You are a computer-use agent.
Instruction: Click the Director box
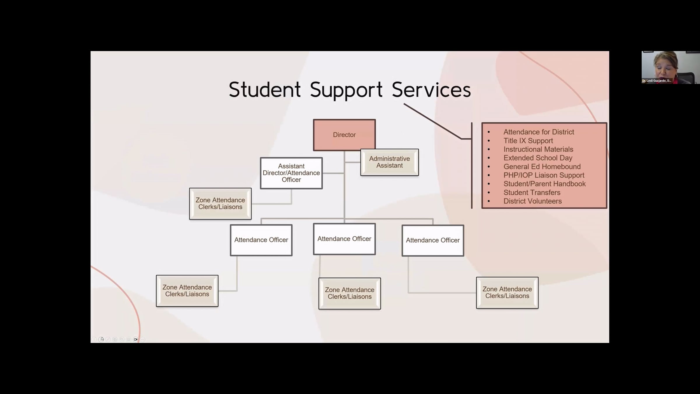(344, 135)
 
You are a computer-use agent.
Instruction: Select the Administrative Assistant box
(389, 162)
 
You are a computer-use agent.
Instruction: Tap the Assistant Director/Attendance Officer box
(291, 173)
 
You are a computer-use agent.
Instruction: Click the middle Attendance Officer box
(344, 239)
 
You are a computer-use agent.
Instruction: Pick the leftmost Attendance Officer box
(261, 240)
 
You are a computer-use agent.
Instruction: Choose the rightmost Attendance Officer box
(433, 240)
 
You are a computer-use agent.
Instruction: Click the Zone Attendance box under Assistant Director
(220, 204)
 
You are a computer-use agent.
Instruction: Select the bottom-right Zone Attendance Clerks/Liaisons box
(507, 293)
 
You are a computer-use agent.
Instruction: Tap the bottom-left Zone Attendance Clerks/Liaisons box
(187, 291)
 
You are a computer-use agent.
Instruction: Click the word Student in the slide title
(265, 90)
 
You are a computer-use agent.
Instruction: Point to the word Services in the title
(431, 90)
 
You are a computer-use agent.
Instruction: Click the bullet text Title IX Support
(528, 141)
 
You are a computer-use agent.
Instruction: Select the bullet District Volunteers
(532, 201)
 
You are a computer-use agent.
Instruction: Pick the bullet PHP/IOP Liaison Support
(544, 175)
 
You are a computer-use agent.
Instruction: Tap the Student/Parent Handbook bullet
(544, 184)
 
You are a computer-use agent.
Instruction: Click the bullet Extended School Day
(538, 158)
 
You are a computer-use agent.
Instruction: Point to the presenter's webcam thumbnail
(670, 67)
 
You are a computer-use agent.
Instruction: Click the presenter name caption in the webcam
(657, 81)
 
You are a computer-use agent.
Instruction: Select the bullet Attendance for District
(538, 132)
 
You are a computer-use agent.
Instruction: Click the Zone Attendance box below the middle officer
(349, 293)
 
